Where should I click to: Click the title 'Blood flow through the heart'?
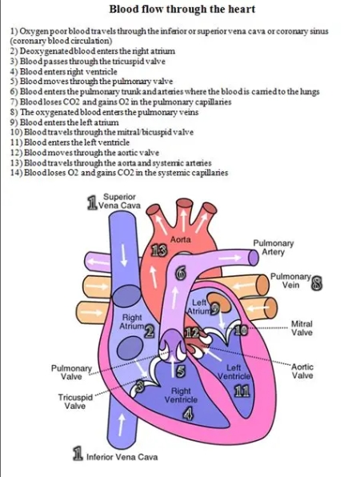pyautogui.click(x=182, y=9)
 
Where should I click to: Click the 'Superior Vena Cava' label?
pyautogui.click(x=119, y=201)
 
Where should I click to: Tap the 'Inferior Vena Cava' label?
pyautogui.click(x=122, y=457)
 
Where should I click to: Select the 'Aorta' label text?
pyautogui.click(x=181, y=239)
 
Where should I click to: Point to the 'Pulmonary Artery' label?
pyautogui.click(x=274, y=247)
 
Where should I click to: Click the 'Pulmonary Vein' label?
pyautogui.click(x=290, y=281)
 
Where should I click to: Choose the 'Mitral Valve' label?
pyautogui.click(x=302, y=328)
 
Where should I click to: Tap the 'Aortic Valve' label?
pyautogui.click(x=302, y=371)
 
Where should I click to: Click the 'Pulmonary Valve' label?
pyautogui.click(x=71, y=372)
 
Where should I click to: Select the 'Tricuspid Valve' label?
pyautogui.click(x=75, y=402)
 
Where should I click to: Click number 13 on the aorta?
pyautogui.click(x=160, y=251)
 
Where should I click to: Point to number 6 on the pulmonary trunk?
pyautogui.click(x=181, y=274)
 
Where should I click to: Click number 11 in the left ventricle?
pyautogui.click(x=242, y=391)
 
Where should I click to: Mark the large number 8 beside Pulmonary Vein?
pyautogui.click(x=318, y=283)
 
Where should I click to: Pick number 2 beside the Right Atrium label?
pyautogui.click(x=149, y=331)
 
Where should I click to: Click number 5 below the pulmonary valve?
pyautogui.click(x=181, y=371)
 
